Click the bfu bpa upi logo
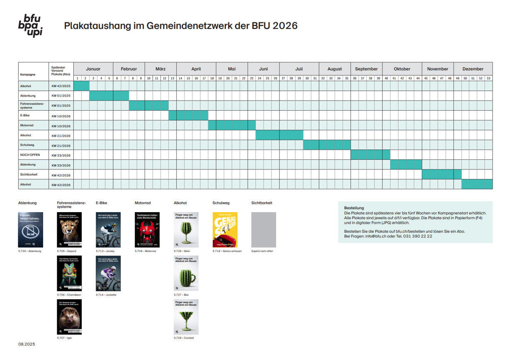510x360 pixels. point(30,25)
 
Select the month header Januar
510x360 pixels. point(93,69)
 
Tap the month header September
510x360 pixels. point(366,69)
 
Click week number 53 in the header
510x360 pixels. point(488,78)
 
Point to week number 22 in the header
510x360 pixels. point(244,78)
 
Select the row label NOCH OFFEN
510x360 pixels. point(30,155)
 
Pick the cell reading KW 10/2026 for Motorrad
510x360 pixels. point(61,126)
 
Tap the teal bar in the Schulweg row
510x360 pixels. point(327,145)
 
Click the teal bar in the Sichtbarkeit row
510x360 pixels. point(442,174)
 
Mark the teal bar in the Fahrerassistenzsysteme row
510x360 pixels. point(148,106)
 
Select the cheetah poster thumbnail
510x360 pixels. point(69,230)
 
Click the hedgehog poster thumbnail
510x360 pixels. point(69,317)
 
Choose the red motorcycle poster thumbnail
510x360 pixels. point(147,230)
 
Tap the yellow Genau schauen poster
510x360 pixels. point(225,230)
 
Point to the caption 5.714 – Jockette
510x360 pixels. point(106,295)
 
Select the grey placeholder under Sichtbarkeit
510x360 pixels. point(263,230)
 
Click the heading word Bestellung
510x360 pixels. point(354,208)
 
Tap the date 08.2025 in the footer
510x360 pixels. point(27,344)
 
